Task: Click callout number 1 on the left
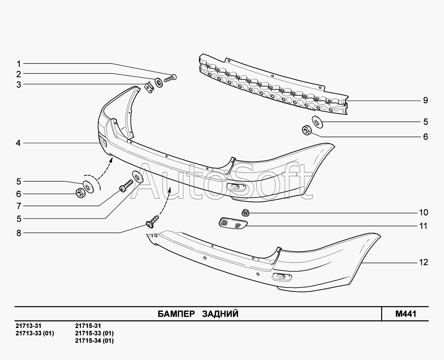point(19,64)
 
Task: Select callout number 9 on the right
point(425,100)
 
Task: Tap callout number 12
point(424,262)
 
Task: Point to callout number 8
point(19,233)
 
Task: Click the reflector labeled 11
point(232,223)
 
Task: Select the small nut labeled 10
point(246,213)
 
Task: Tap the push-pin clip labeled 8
point(153,222)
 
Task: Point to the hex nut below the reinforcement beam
point(306,130)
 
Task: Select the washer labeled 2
point(159,82)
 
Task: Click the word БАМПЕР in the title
point(176,314)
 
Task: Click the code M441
point(405,314)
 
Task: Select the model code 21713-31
point(28,326)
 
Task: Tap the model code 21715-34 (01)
point(94,341)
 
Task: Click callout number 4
point(18,143)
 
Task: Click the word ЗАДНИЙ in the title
point(220,314)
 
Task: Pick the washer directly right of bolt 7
point(138,176)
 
